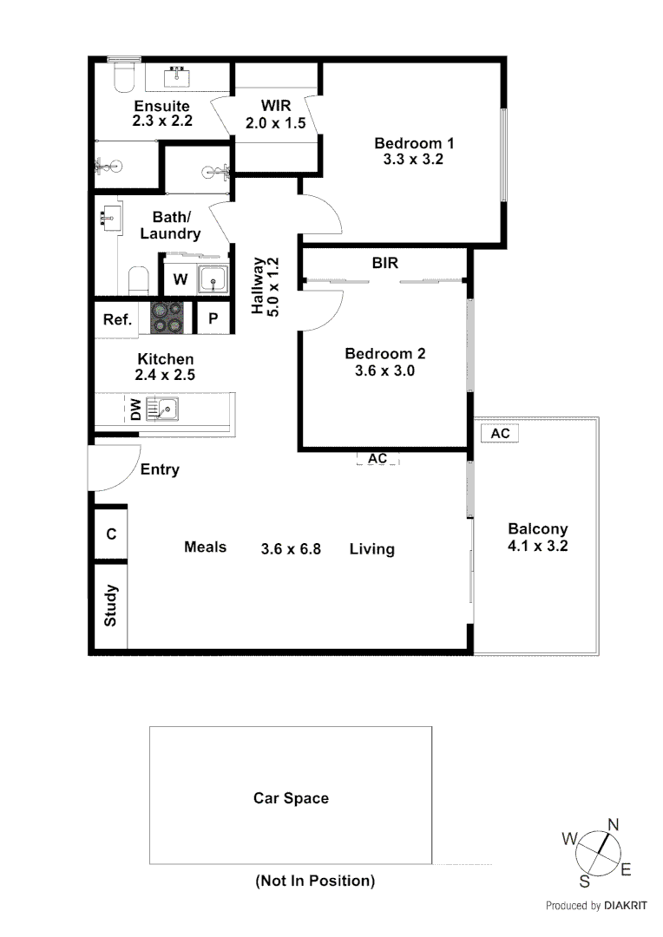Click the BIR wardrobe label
[x=384, y=262]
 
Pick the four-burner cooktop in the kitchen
[x=167, y=318]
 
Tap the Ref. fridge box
[x=117, y=319]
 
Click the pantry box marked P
[x=213, y=319]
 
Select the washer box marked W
[x=180, y=279]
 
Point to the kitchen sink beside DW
[x=162, y=407]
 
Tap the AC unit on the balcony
[x=500, y=433]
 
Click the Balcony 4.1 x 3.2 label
[x=538, y=537]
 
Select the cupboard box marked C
[x=111, y=534]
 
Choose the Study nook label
[x=111, y=605]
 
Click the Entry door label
[x=160, y=469]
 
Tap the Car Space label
[x=291, y=798]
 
